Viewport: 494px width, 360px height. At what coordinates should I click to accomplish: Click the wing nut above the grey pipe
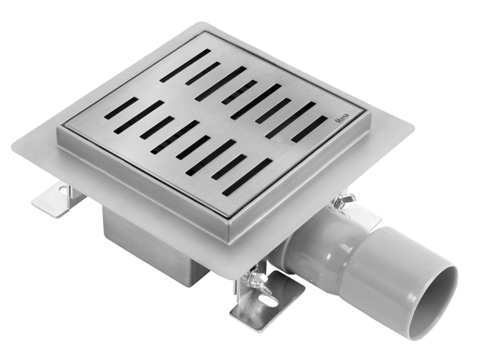345,201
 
